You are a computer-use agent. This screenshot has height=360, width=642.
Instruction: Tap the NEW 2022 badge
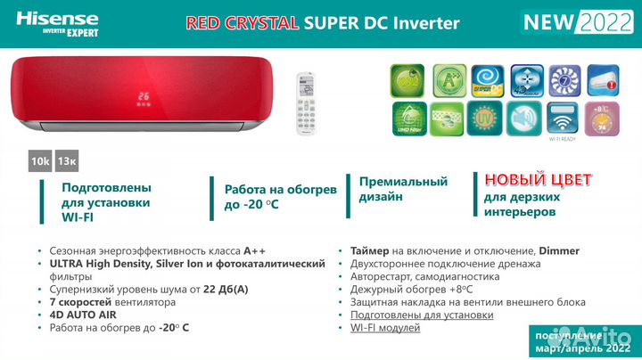click(x=572, y=21)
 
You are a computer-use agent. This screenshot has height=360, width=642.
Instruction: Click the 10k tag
click(x=40, y=160)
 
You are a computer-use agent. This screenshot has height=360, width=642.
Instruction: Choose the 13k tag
click(x=67, y=160)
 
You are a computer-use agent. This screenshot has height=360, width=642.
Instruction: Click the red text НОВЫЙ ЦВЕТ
click(x=538, y=179)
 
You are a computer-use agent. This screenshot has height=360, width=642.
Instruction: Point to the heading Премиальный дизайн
click(x=403, y=188)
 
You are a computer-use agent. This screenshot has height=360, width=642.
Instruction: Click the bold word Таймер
click(x=370, y=250)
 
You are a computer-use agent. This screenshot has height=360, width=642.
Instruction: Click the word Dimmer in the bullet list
click(x=559, y=250)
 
